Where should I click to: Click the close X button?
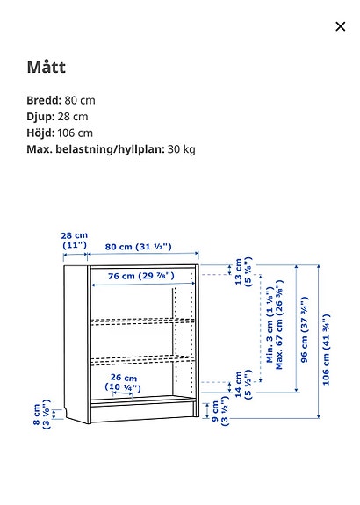[341, 26]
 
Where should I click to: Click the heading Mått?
[46, 68]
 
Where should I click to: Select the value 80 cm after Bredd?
[80, 100]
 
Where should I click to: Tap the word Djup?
[40, 117]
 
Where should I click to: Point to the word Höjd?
[41, 133]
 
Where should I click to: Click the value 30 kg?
[182, 149]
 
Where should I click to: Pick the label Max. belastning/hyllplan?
[95, 149]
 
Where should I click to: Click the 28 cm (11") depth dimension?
[75, 241]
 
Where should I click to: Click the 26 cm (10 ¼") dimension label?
[124, 383]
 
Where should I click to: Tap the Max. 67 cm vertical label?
[280, 326]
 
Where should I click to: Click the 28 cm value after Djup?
[73, 117]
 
